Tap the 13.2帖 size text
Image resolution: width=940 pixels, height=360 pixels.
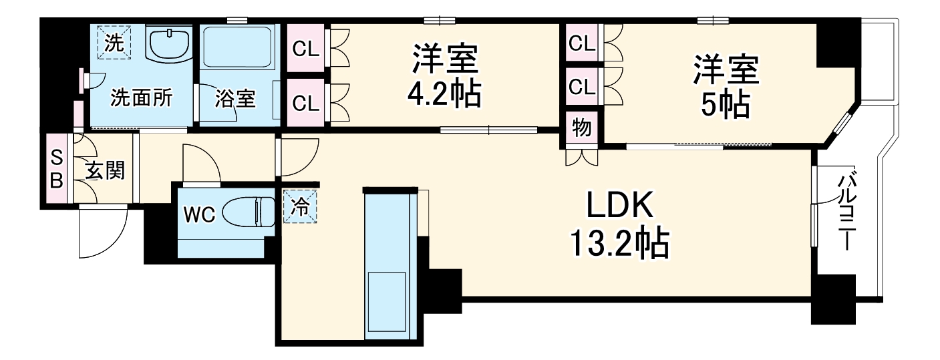[x=619, y=245]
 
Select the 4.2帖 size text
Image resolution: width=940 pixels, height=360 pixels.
[x=444, y=94]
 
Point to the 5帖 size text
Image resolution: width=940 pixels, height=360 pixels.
[x=725, y=104]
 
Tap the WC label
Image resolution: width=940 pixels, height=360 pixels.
[x=198, y=214]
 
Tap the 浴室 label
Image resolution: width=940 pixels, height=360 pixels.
[x=234, y=99]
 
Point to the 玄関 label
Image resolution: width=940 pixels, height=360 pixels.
[x=105, y=171]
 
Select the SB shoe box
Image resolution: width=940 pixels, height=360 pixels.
[x=57, y=168]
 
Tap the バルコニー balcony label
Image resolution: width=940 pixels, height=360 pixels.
[x=847, y=210]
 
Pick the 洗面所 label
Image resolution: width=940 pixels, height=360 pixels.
[x=141, y=98]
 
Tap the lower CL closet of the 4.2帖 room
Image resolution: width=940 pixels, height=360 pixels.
[x=305, y=103]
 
